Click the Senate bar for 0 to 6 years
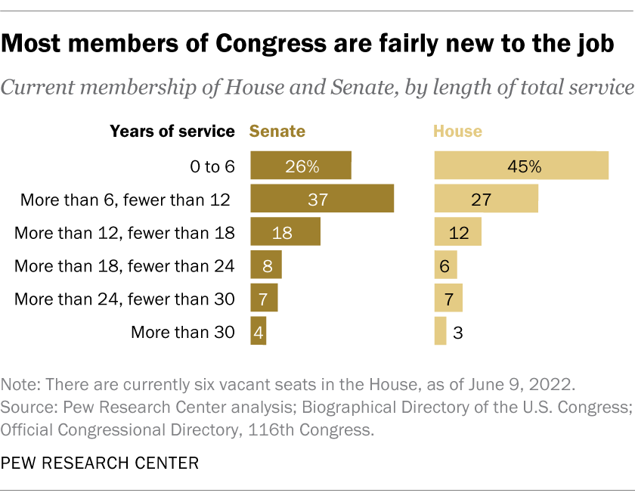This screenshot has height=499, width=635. pos(301,166)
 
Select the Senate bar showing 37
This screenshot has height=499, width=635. pos(322,199)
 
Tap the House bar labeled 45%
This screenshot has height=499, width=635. pos(522,166)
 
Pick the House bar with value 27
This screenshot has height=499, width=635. pos(486,199)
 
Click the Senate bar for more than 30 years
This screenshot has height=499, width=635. pos(258,331)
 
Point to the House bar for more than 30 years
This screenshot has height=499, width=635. pos(440,331)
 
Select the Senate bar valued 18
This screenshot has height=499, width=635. pos(285,232)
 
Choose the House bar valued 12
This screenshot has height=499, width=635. pos(457,232)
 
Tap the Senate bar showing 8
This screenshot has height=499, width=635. pos(265,265)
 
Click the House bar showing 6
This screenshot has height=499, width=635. pos(445,265)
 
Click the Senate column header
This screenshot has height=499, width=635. pos(277,131)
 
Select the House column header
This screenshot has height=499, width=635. pos(457,131)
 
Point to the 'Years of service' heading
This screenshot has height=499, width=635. pos(172,131)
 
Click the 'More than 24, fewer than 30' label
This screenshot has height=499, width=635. pos(125,299)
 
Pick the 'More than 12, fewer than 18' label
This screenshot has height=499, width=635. pos(125,232)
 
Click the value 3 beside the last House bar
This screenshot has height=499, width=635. pos(458,332)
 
